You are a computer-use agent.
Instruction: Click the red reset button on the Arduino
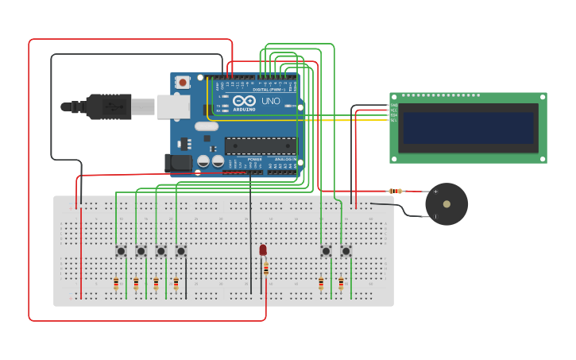[183, 82]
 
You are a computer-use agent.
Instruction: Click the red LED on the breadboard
[263, 250]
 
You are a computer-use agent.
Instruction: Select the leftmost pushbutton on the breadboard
[121, 251]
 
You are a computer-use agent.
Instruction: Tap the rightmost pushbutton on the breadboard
[346, 251]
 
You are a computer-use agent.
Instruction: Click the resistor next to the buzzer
[396, 191]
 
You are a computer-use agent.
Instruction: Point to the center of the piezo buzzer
[446, 204]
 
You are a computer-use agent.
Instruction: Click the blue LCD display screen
[468, 128]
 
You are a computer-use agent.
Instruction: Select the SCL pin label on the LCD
[393, 120]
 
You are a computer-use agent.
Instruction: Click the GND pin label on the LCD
[393, 105]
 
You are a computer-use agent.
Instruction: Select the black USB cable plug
[108, 106]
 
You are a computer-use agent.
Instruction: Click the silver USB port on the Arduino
[172, 106]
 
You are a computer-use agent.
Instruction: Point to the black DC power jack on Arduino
[180, 163]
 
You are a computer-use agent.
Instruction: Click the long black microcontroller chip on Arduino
[261, 145]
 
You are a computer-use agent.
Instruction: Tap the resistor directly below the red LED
[266, 269]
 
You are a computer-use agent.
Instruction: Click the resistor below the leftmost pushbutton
[116, 283]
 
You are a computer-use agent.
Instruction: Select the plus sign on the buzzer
[435, 192]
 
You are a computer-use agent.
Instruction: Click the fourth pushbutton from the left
[180, 251]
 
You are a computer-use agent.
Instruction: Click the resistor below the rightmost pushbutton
[341, 283]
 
